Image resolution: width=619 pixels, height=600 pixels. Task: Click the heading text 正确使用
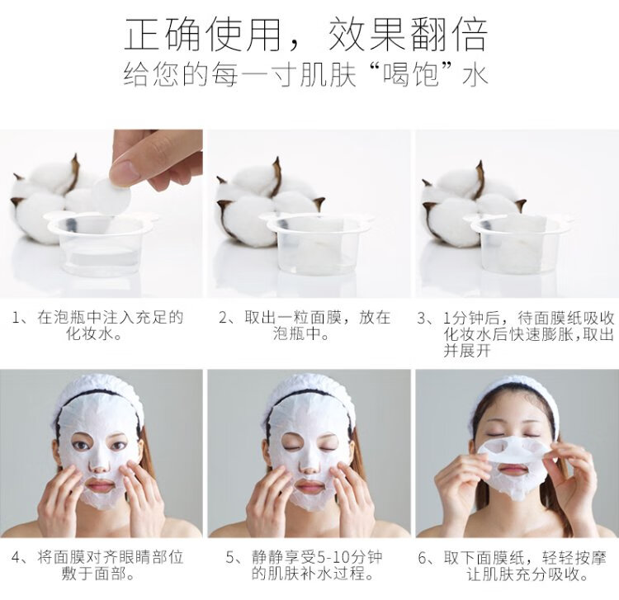(x=201, y=35)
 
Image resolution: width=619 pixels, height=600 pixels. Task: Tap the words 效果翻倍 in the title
(x=409, y=35)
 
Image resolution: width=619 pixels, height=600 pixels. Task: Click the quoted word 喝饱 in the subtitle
(x=411, y=74)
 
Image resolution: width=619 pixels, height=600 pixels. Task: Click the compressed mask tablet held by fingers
(x=111, y=196)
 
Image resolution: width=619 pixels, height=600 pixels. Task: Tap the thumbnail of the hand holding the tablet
(x=156, y=160)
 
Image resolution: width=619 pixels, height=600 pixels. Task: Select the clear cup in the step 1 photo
(x=102, y=243)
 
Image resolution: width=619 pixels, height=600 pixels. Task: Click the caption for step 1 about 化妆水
(x=98, y=326)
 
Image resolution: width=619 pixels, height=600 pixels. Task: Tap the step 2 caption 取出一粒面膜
(x=294, y=318)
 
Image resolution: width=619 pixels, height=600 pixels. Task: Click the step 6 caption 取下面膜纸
(x=481, y=558)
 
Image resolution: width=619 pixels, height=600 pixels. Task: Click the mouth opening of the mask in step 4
(x=100, y=484)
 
